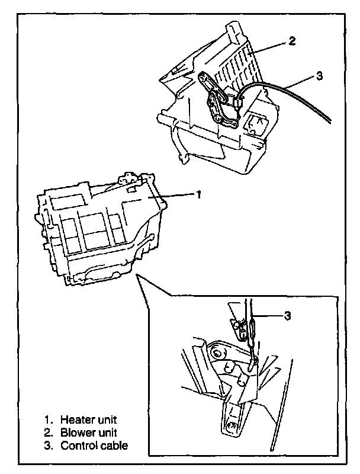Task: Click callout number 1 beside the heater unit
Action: [200, 194]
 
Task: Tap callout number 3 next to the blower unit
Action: [319, 77]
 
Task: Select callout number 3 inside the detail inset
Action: [287, 316]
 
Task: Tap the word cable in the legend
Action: [114, 445]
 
